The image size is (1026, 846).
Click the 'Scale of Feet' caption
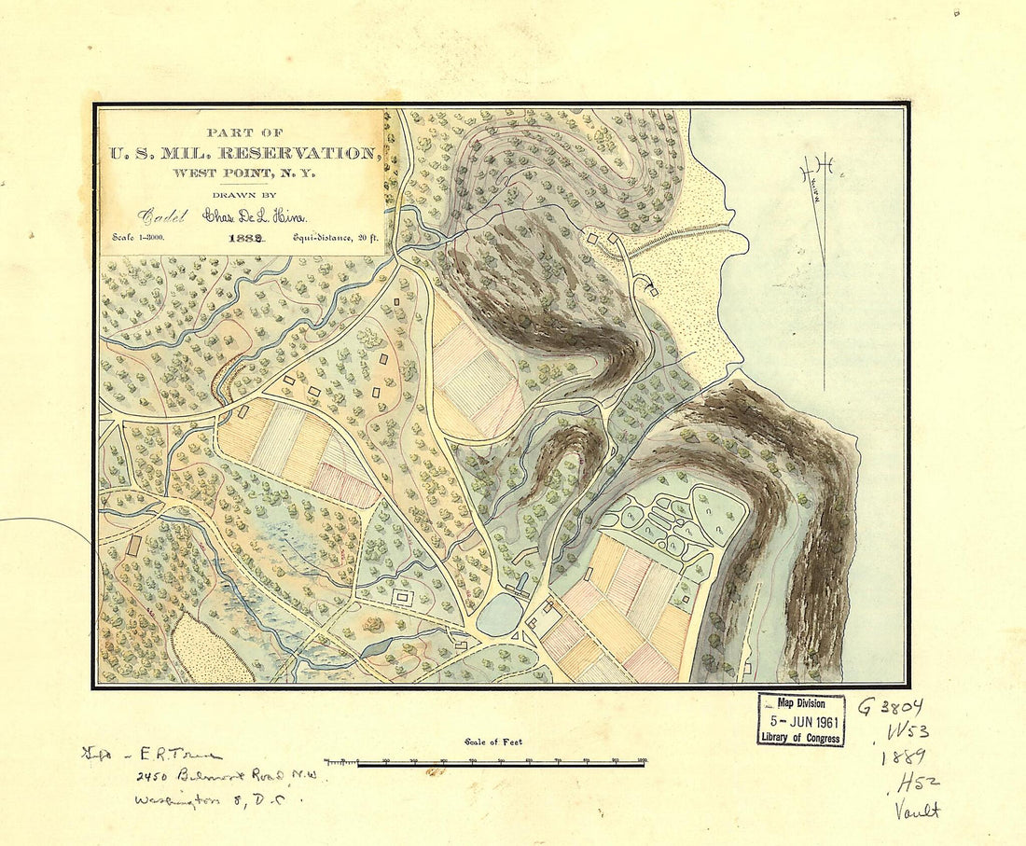[492, 742]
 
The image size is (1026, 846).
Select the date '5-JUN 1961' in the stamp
[800, 721]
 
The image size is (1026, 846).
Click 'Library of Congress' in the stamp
[800, 738]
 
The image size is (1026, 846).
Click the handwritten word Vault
[916, 811]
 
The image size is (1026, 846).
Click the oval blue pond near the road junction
[500, 615]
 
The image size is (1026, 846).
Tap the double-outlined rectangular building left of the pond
[404, 596]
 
